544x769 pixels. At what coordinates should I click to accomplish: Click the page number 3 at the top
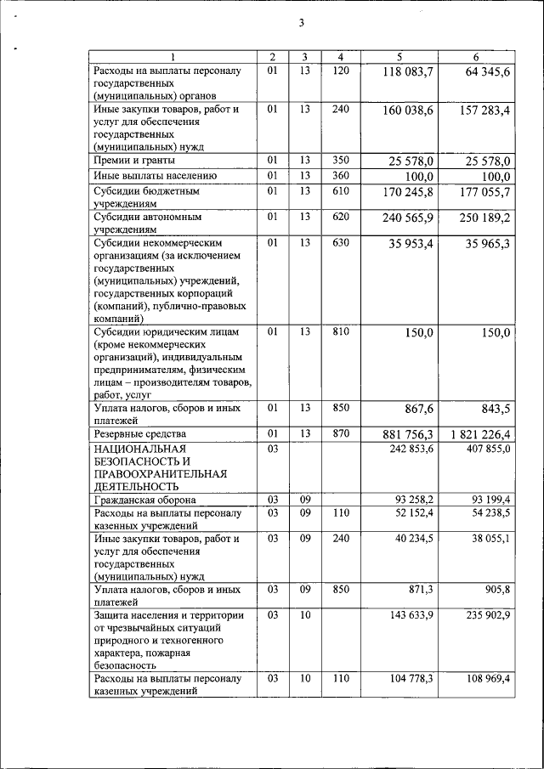[x=301, y=23]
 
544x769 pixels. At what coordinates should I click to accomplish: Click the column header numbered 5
[x=399, y=57]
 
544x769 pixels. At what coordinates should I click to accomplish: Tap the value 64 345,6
[x=482, y=72]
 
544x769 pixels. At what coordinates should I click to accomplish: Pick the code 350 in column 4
[x=340, y=159]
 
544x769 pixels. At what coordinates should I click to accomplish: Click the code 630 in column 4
[x=340, y=242]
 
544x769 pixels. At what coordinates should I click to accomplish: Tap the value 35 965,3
[x=482, y=246]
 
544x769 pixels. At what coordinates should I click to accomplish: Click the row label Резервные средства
[x=139, y=433]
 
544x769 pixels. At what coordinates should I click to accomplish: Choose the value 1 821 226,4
[x=476, y=435]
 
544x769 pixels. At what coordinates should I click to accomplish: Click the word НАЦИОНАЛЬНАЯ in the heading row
[x=139, y=448]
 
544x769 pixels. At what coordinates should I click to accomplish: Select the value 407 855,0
[x=487, y=448]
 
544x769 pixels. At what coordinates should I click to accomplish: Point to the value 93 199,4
[x=487, y=500]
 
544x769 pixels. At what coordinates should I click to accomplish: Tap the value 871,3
[x=416, y=588]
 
